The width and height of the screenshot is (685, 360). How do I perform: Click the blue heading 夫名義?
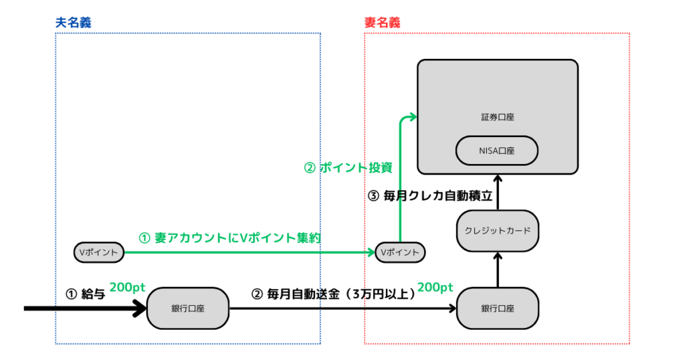[x=73, y=22]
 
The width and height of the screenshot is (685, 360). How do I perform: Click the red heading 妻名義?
[x=382, y=22]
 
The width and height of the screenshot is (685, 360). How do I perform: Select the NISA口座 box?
[x=497, y=151]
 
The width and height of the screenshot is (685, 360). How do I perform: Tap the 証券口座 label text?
[x=497, y=117]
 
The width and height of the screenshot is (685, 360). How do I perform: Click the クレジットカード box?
[x=498, y=230]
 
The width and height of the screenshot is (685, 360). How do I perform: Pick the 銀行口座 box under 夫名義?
[x=187, y=308]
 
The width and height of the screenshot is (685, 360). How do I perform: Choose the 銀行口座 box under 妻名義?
[x=498, y=308]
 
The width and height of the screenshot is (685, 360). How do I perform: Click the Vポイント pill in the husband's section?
[x=99, y=252]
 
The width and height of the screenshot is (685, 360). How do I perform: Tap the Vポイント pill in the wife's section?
[x=400, y=252]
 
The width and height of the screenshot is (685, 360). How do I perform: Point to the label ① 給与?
[x=85, y=294]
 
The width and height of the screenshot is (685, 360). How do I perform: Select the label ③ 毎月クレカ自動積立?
[x=431, y=196]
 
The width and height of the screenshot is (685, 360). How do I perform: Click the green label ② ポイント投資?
[x=348, y=168]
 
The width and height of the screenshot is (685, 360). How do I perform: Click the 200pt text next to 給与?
[x=127, y=286]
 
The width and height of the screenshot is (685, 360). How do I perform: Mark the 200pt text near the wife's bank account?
[x=435, y=286]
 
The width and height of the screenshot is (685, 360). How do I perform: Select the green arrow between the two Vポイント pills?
[x=248, y=252]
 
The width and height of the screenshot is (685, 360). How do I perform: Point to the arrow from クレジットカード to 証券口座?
[x=498, y=191]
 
